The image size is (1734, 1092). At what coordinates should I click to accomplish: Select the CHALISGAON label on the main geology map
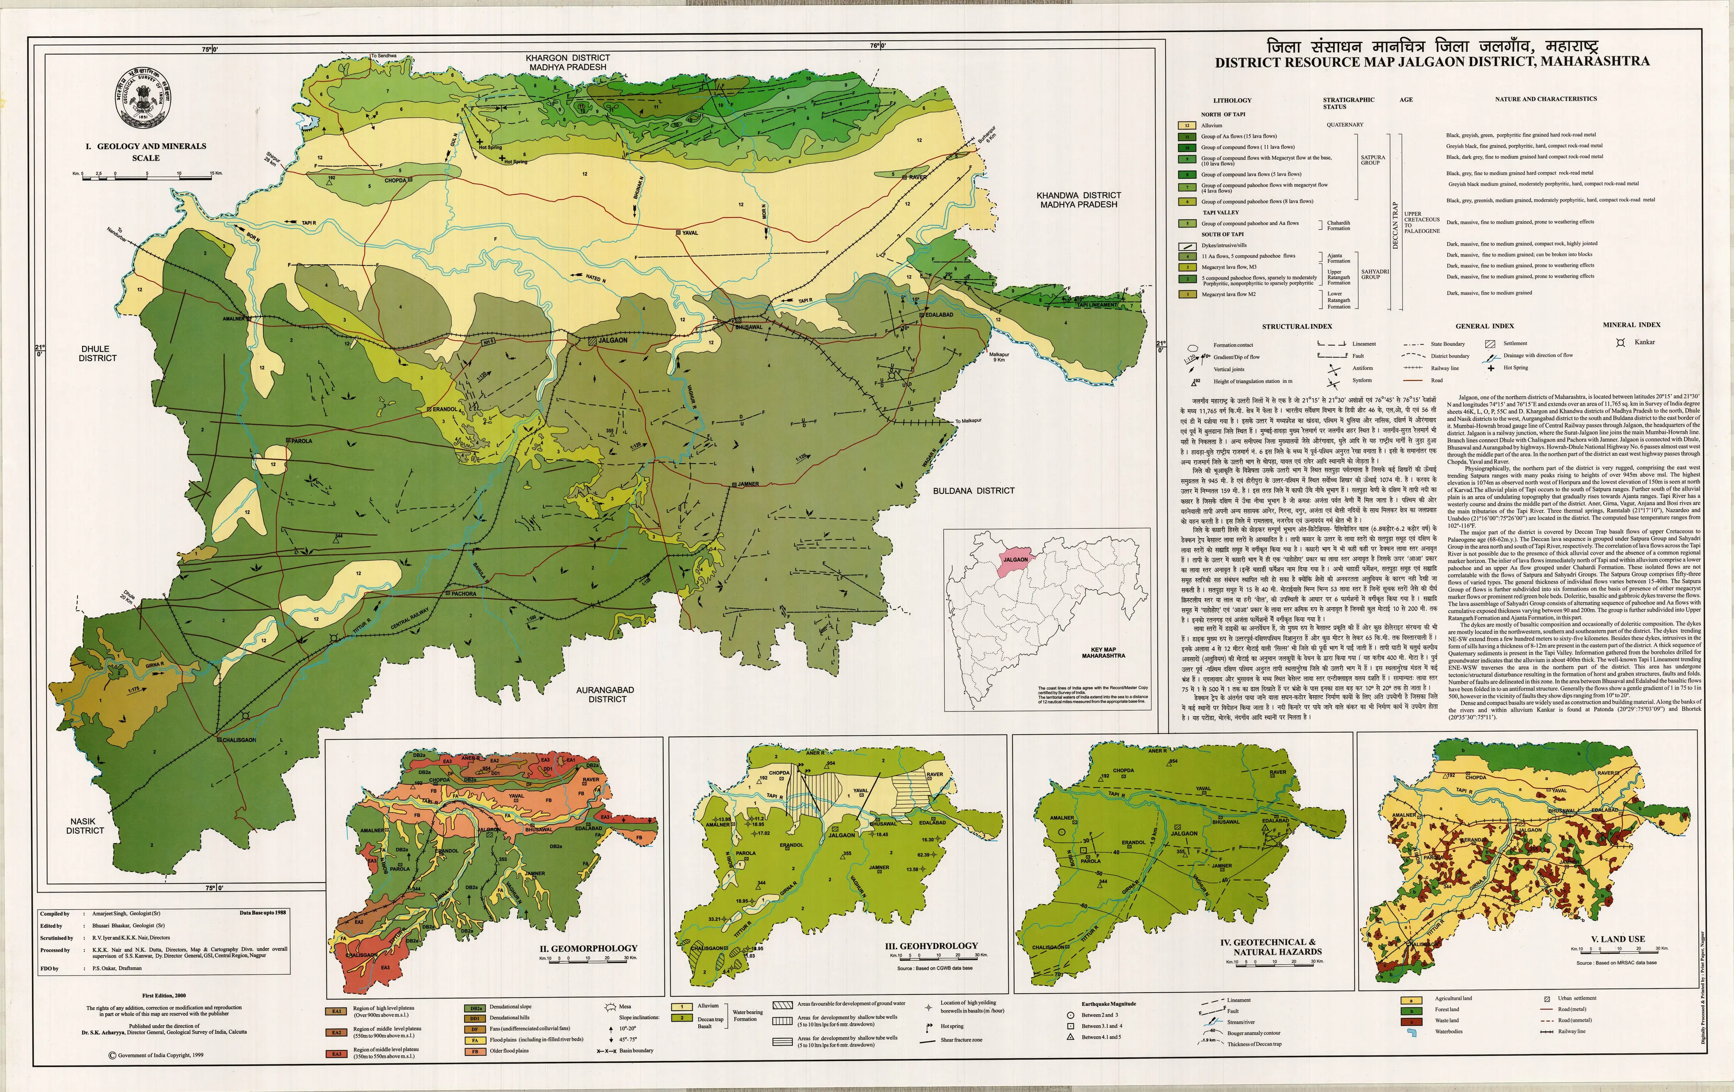coord(238,739)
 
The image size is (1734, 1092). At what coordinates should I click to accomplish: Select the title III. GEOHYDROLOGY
coord(932,946)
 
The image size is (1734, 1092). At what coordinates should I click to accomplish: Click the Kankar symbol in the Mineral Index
coord(1620,343)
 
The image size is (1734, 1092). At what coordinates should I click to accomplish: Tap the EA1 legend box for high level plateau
coord(336,1011)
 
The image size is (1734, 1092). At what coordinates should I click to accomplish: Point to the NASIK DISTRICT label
coord(85,826)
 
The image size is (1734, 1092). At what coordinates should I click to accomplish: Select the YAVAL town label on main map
coord(690,232)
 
